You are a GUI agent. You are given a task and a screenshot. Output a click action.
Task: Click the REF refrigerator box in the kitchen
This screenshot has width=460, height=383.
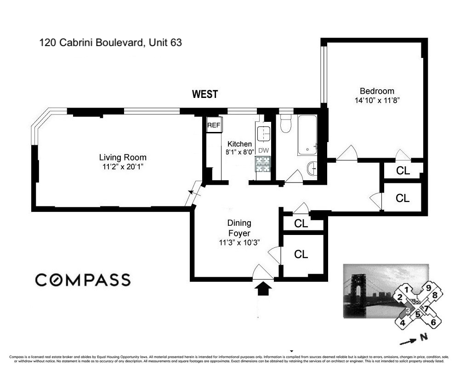click(214, 125)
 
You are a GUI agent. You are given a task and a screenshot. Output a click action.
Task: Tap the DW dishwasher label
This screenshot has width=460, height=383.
click(263, 150)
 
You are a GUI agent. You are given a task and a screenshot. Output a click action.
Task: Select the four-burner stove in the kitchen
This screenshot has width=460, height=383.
click(263, 164)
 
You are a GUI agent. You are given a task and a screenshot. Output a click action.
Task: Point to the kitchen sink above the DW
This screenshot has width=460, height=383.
click(263, 134)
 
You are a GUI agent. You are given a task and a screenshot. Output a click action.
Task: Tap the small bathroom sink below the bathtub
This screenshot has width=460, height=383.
click(312, 169)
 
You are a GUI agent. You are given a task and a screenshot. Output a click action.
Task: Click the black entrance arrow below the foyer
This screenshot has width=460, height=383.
click(263, 289)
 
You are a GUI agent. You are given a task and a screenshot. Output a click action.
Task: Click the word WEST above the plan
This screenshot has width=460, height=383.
click(204, 94)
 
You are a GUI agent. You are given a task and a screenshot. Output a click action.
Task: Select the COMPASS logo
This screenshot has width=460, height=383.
click(83, 280)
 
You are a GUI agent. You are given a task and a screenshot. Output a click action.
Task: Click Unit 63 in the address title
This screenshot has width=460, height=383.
click(165, 43)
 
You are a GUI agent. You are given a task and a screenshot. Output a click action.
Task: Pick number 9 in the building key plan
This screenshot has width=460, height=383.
click(428, 288)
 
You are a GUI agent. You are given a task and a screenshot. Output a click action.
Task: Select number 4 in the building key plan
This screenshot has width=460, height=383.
click(403, 322)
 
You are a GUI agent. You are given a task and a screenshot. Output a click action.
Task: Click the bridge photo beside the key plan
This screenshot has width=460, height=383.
click(368, 291)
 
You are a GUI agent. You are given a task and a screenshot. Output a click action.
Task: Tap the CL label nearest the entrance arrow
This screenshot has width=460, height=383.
click(301, 254)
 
